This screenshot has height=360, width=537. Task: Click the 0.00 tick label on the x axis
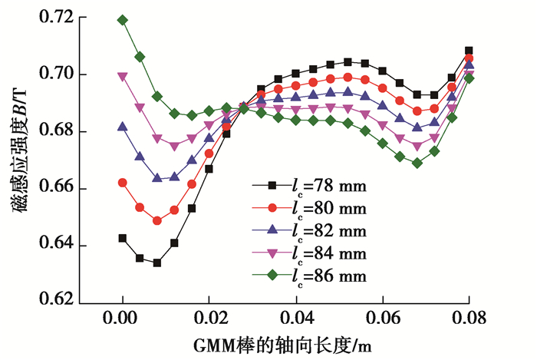tap(122, 316)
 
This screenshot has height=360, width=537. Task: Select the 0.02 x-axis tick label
tap(209, 316)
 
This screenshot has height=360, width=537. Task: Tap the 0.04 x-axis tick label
tap(295, 316)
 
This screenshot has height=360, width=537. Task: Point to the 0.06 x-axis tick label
tap(382, 316)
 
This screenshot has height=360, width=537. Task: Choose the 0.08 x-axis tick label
tap(469, 316)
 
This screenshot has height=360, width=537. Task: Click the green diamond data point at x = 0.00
tap(122, 20)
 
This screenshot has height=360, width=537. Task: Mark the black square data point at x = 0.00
tap(122, 238)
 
